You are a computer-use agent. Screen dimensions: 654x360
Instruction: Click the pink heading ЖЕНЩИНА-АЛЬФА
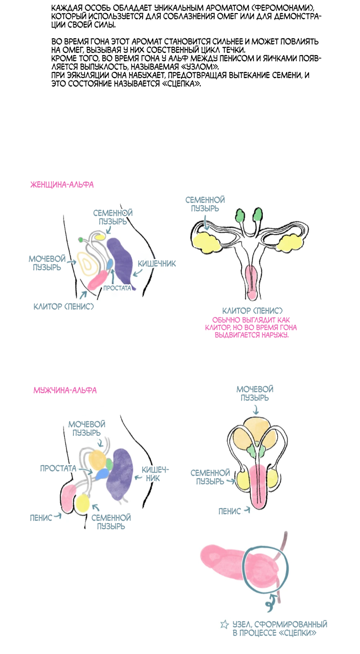pos(62,185)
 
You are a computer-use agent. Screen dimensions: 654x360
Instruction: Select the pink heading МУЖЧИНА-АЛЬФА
pos(65,390)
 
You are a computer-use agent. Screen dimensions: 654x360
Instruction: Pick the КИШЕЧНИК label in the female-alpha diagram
pos(159,264)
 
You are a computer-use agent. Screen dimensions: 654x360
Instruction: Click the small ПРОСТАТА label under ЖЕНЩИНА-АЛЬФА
pos(117,288)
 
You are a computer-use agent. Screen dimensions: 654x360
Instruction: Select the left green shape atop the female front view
pos(240,215)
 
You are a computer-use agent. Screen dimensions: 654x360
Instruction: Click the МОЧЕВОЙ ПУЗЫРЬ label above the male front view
pos(255,394)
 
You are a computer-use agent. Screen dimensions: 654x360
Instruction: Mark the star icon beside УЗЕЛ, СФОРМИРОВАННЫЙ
pos(224,624)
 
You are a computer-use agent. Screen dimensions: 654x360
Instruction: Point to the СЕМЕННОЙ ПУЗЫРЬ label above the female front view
pos(202,204)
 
